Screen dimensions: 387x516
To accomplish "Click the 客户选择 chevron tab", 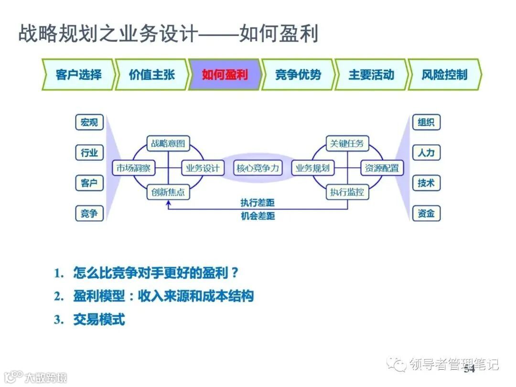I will coord(78,75).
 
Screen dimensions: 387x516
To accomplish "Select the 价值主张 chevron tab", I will coord(151,75).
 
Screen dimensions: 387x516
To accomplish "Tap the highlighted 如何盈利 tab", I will coord(225,75).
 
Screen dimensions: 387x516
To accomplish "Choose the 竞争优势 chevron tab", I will coord(298,75).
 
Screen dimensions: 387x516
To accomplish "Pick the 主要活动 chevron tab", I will coord(371,75).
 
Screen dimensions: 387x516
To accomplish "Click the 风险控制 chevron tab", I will coord(444,75).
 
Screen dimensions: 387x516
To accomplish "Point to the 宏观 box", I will coord(89,122).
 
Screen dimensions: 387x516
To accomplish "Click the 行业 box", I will coord(89,153).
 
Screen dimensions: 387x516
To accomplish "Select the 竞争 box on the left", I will coord(89,214).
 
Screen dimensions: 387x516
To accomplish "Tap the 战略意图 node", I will coord(168,143).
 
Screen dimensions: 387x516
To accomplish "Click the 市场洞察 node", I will coord(133,168).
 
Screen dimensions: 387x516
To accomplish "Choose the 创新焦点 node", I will coord(168,193).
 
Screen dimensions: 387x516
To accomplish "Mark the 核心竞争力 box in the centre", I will coord(258,168).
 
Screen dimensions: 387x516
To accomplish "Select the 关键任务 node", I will coord(347,143).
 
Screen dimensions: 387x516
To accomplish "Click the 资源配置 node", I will coord(382,168).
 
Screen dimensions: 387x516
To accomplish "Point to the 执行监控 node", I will coord(347,193).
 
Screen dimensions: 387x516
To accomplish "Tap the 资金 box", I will coord(426,214).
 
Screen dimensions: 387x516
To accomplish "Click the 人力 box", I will coord(426,153).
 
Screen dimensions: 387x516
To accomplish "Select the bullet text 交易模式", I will coord(99,320).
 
